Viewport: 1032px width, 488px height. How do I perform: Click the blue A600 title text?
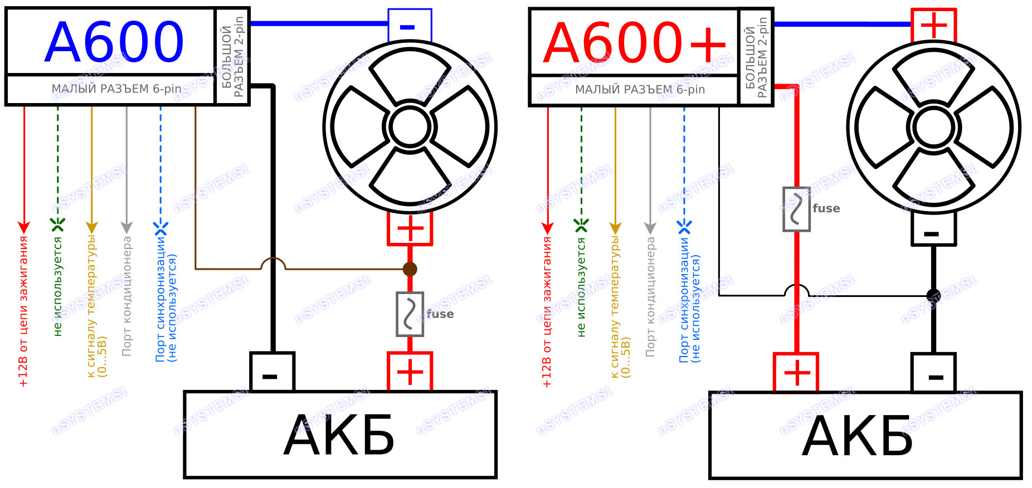[114, 42]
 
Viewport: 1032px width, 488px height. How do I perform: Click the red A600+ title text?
[635, 42]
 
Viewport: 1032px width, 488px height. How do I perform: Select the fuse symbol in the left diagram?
[410, 314]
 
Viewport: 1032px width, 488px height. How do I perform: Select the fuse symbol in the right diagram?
[797, 209]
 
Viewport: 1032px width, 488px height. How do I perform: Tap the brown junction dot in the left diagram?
[410, 270]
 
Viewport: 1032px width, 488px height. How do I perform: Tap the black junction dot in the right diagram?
[934, 296]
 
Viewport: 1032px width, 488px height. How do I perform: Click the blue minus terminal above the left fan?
[410, 26]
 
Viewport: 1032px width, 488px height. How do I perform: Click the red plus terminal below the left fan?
[410, 228]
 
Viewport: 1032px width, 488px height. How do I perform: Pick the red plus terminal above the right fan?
[934, 25]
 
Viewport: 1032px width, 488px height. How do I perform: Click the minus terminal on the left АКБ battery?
[272, 372]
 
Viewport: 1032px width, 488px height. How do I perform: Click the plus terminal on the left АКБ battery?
[410, 372]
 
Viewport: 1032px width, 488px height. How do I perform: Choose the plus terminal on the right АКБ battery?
[796, 373]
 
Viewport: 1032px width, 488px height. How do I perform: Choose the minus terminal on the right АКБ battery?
[934, 373]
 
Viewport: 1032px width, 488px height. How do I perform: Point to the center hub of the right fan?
[934, 127]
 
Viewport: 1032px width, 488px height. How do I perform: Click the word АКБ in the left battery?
[339, 436]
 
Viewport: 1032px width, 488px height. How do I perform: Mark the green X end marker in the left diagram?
[58, 225]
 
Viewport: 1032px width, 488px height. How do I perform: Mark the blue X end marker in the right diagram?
[684, 227]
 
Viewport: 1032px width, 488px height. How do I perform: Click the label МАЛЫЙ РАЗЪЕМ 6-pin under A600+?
[640, 90]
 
